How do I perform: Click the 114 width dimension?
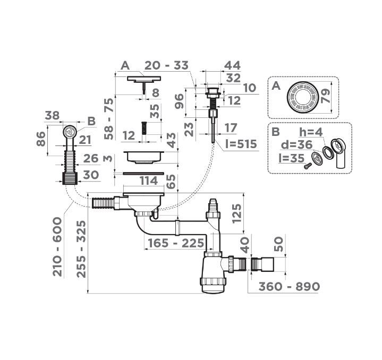148,181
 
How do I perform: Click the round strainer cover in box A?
302,97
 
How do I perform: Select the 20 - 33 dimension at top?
166,65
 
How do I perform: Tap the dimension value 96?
180,99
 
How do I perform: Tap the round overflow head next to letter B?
70,131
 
